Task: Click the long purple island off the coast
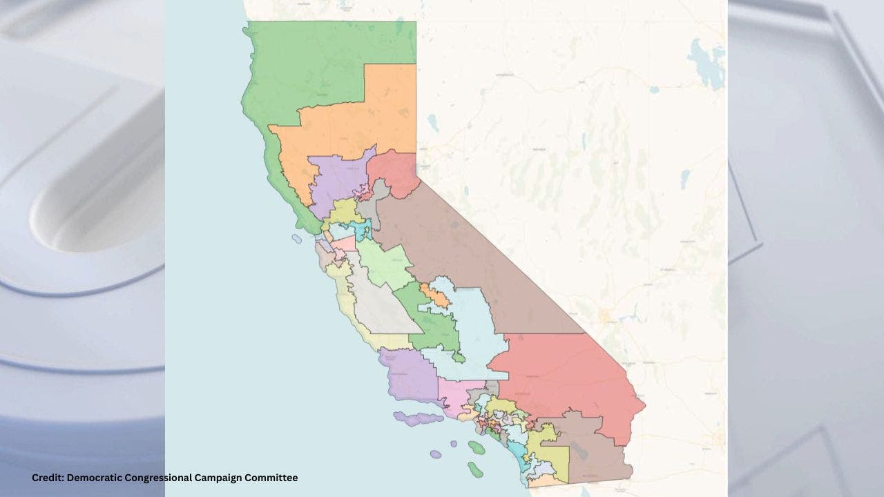coord(418,418)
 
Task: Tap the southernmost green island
coord(474,469)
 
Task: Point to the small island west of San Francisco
coord(297,240)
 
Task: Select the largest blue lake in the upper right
coord(708,66)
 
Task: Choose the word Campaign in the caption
coord(222,478)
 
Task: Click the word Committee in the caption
coord(273,478)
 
